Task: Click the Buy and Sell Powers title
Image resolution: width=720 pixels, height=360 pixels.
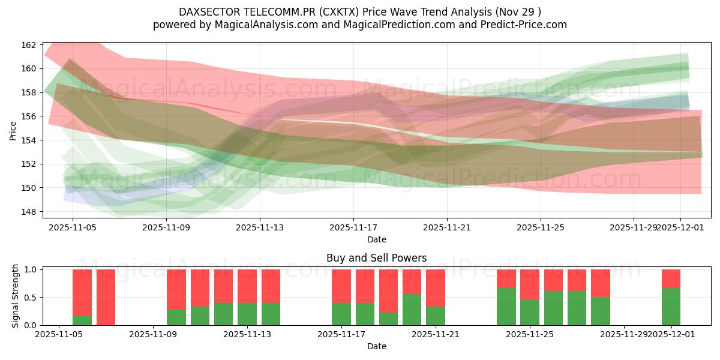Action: (376, 258)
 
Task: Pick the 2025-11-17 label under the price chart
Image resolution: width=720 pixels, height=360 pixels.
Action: (353, 227)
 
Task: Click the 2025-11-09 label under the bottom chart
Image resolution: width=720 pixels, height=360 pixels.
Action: (153, 334)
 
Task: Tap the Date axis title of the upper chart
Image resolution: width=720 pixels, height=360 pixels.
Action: (376, 239)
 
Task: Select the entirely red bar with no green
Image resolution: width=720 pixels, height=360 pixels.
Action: (106, 297)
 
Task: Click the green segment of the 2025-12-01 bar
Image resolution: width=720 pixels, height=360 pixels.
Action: (671, 307)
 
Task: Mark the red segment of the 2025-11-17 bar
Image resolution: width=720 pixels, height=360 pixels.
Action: (341, 286)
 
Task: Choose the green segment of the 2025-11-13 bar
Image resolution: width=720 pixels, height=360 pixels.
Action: (247, 314)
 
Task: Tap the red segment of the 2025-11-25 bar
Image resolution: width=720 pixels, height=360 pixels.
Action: (530, 284)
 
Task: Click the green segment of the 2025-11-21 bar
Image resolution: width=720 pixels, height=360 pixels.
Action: (436, 316)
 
